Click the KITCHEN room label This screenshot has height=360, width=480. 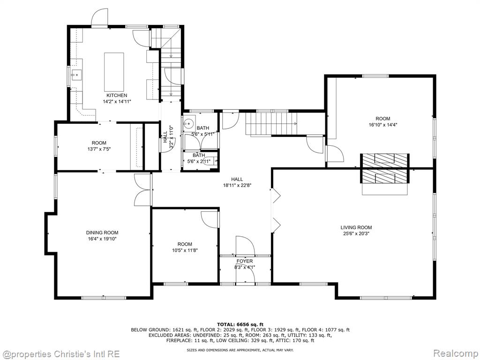pyautogui.click(x=117, y=96)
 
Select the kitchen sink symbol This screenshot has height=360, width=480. pyautogui.click(x=76, y=74)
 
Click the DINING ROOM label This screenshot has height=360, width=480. pyautogui.click(x=102, y=232)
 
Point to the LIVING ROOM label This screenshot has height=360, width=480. pyautogui.click(x=356, y=227)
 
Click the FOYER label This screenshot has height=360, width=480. pyautogui.click(x=245, y=261)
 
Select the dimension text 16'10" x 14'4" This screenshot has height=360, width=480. pyautogui.click(x=383, y=125)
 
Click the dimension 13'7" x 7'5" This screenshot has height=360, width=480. pyautogui.click(x=99, y=149)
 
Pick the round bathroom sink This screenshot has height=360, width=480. pyautogui.click(x=188, y=123)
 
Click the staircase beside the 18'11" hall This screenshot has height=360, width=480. pyautogui.click(x=271, y=123)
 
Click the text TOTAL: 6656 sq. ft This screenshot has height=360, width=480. pyautogui.click(x=240, y=324)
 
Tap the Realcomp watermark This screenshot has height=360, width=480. pyautogui.click(x=455, y=354)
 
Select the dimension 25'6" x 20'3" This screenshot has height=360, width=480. pyautogui.click(x=356, y=233)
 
